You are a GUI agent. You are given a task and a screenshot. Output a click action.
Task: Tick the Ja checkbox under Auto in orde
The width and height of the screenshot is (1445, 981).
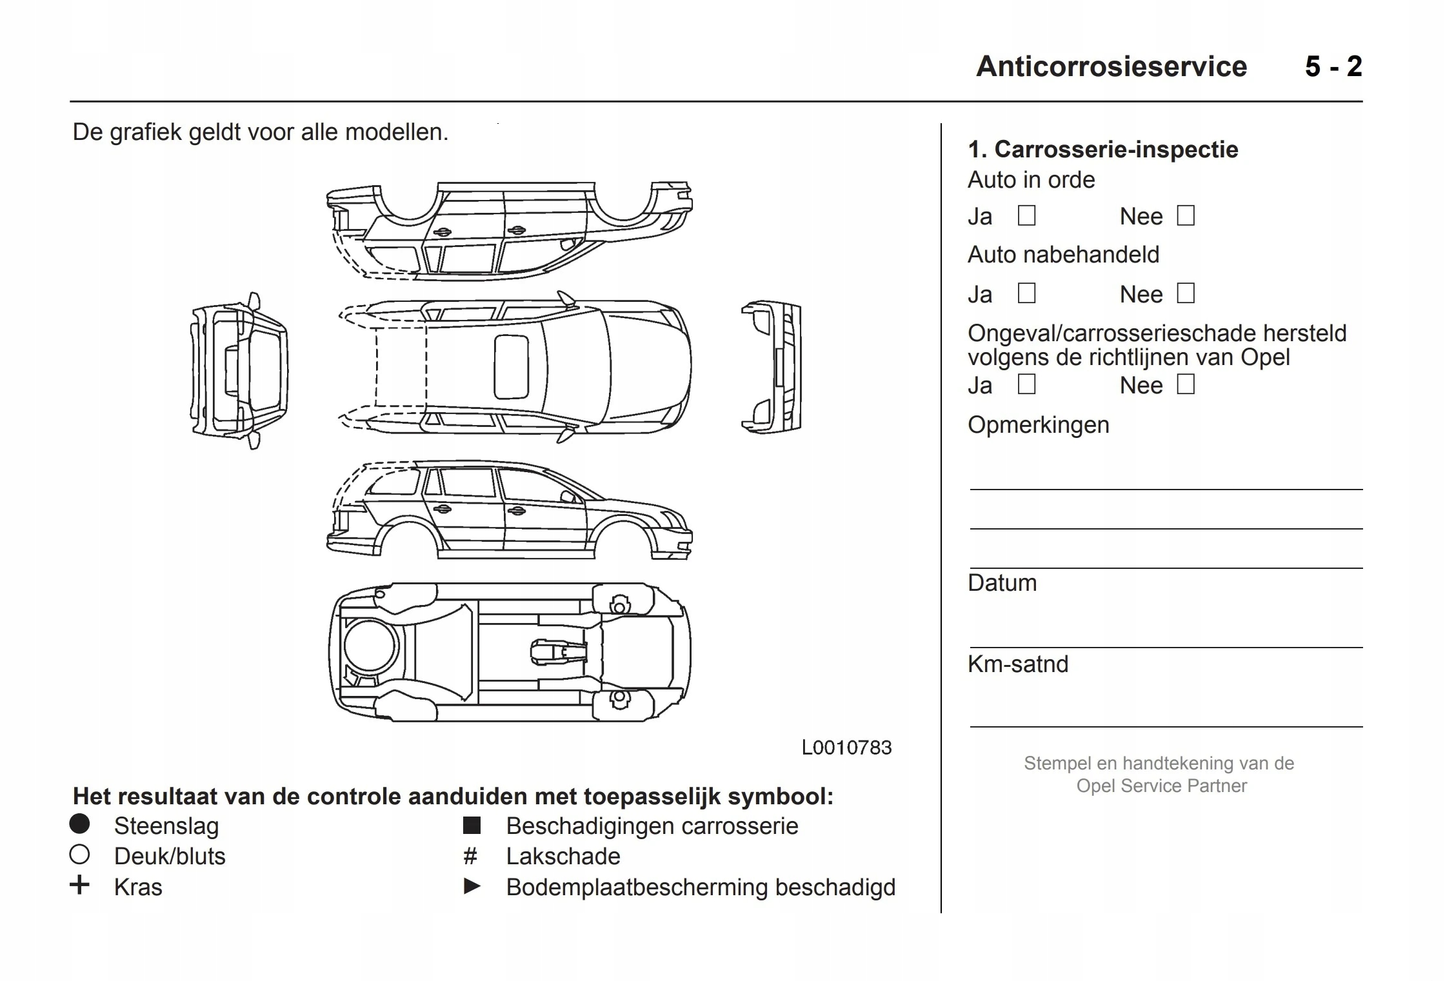pyautogui.click(x=1026, y=215)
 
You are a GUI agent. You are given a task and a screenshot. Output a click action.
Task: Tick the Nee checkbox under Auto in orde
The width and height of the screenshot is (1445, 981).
pyautogui.click(x=1186, y=215)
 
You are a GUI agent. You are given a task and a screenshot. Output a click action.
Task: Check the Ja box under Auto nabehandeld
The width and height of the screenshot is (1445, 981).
pyautogui.click(x=1026, y=293)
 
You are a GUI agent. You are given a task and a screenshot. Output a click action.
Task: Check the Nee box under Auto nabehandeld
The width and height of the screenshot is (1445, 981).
pyautogui.click(x=1186, y=293)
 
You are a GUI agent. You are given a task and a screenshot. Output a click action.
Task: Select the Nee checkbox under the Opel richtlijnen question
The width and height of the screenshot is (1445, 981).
pyautogui.click(x=1186, y=384)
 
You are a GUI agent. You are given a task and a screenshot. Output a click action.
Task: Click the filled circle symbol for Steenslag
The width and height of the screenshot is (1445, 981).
pyautogui.click(x=79, y=824)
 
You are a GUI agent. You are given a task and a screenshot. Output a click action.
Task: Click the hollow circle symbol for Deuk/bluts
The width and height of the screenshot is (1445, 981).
pyautogui.click(x=79, y=855)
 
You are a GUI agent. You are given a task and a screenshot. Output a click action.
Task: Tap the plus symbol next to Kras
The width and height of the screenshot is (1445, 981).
pyautogui.click(x=79, y=885)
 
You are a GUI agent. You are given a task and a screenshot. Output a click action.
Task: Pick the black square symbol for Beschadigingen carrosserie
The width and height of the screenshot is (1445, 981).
pyautogui.click(x=472, y=826)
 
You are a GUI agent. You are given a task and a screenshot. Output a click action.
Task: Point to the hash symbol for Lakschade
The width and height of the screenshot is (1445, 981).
pyautogui.click(x=470, y=857)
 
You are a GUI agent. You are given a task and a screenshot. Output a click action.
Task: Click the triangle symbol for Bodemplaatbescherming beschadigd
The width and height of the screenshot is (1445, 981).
pyautogui.click(x=472, y=887)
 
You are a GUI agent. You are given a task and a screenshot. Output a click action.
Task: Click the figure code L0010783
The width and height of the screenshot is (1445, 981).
pyautogui.click(x=846, y=748)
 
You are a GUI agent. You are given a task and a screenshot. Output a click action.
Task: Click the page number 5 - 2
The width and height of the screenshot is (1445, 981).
pyautogui.click(x=1333, y=66)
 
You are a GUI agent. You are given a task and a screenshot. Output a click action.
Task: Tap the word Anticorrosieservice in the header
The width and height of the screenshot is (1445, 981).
pyautogui.click(x=1111, y=66)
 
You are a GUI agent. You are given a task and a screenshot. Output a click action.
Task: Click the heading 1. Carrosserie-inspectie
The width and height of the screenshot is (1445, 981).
pyautogui.click(x=1102, y=150)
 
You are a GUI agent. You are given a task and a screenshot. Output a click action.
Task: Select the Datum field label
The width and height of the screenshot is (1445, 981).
pyautogui.click(x=1002, y=583)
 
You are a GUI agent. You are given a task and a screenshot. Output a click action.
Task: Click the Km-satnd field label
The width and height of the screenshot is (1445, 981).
pyautogui.click(x=1018, y=664)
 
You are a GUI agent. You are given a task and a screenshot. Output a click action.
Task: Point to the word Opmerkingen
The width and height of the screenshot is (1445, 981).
pyautogui.click(x=1038, y=425)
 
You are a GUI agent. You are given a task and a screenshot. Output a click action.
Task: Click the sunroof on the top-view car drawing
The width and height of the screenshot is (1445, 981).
pyautogui.click(x=511, y=366)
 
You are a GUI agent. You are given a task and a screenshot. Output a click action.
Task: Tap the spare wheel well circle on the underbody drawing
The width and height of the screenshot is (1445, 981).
pyautogui.click(x=370, y=645)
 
